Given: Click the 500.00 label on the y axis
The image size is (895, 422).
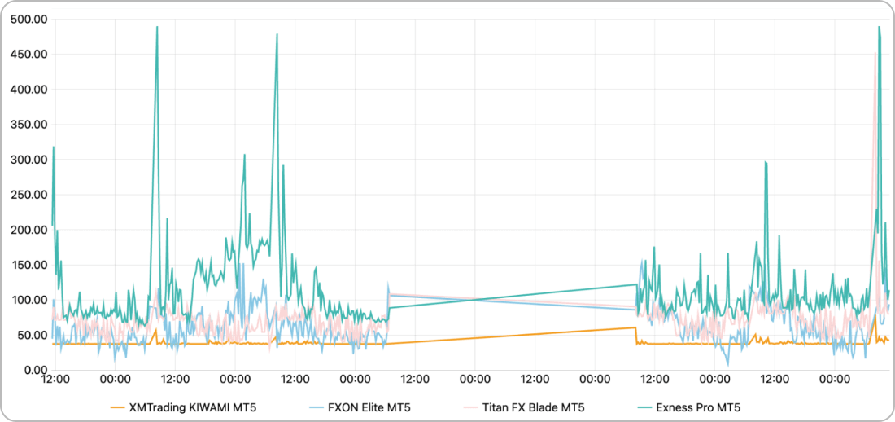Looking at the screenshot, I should click(28, 20).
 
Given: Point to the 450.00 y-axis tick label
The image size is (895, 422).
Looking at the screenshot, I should click(28, 55).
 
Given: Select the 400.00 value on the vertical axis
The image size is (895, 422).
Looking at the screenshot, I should click(28, 90).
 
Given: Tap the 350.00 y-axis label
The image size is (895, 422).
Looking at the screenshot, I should click(28, 125).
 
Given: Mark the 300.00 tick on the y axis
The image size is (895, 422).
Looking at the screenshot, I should click(28, 160).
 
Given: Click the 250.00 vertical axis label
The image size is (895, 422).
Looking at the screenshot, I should click(28, 195).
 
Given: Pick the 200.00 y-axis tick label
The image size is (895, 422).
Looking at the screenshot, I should click(28, 230).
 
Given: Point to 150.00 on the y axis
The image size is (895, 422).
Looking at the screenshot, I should click(28, 265).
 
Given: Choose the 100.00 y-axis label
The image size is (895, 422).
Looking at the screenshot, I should click(28, 300).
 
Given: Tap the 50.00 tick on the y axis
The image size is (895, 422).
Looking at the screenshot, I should click(31, 335).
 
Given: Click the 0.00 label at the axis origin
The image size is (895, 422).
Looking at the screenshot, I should click(34, 370).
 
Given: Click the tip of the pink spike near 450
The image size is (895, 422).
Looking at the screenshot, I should click(875, 53).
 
